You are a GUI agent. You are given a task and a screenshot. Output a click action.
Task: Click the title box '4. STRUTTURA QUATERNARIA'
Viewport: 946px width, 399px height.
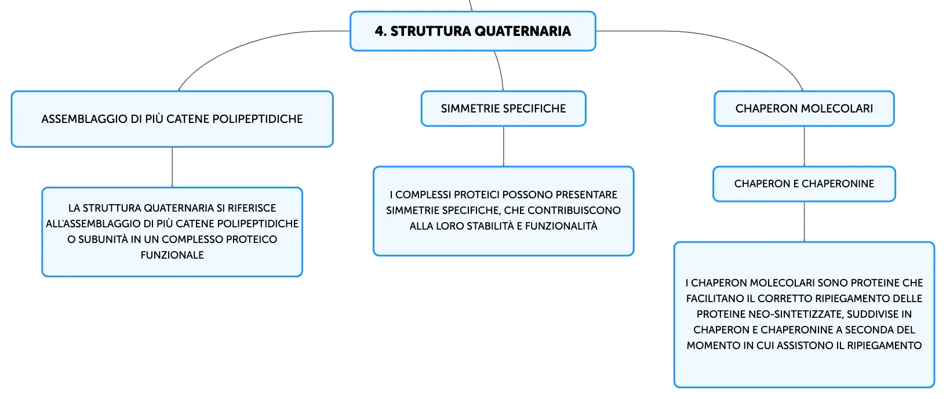pos(472,31)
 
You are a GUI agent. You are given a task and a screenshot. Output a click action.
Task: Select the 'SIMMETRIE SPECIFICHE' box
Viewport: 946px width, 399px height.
pos(503,108)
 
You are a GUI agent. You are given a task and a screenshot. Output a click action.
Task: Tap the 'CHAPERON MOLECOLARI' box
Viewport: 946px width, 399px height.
pos(804,108)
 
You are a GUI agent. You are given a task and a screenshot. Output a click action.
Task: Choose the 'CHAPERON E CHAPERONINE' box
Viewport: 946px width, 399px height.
pos(804,184)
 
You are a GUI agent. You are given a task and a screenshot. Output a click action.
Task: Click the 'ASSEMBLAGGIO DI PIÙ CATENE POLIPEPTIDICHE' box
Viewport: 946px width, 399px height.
pos(172,119)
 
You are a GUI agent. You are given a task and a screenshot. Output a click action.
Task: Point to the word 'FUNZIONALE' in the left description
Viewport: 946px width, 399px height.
pos(172,255)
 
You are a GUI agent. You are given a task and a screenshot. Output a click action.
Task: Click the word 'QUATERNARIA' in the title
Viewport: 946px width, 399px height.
pos(522,31)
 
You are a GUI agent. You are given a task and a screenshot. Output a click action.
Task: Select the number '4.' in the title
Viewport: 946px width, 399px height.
pos(381,31)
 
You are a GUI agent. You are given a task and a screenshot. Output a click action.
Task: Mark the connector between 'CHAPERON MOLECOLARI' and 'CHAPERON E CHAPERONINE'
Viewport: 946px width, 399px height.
pos(804,146)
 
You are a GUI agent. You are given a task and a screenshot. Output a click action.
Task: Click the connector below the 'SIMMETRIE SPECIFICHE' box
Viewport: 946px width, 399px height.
pos(503,146)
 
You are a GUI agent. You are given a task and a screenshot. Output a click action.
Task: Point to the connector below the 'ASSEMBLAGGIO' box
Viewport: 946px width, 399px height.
pos(172,167)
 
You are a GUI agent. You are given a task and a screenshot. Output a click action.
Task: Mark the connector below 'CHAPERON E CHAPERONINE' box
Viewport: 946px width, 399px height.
pos(804,222)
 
